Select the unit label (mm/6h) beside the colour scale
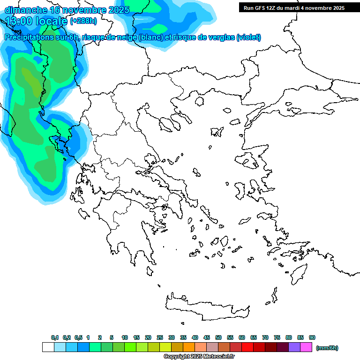pos(327,348)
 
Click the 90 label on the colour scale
pos(312,337)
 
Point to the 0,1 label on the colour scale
pos(55,337)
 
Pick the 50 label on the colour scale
pos(218,337)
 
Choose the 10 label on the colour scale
pos(125,337)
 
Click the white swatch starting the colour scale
pos(48,347)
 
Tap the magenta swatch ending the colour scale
pos(306,347)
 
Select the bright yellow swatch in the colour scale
pos(165,347)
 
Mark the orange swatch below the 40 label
pos(189,347)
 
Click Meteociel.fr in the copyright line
pos(218,356)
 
